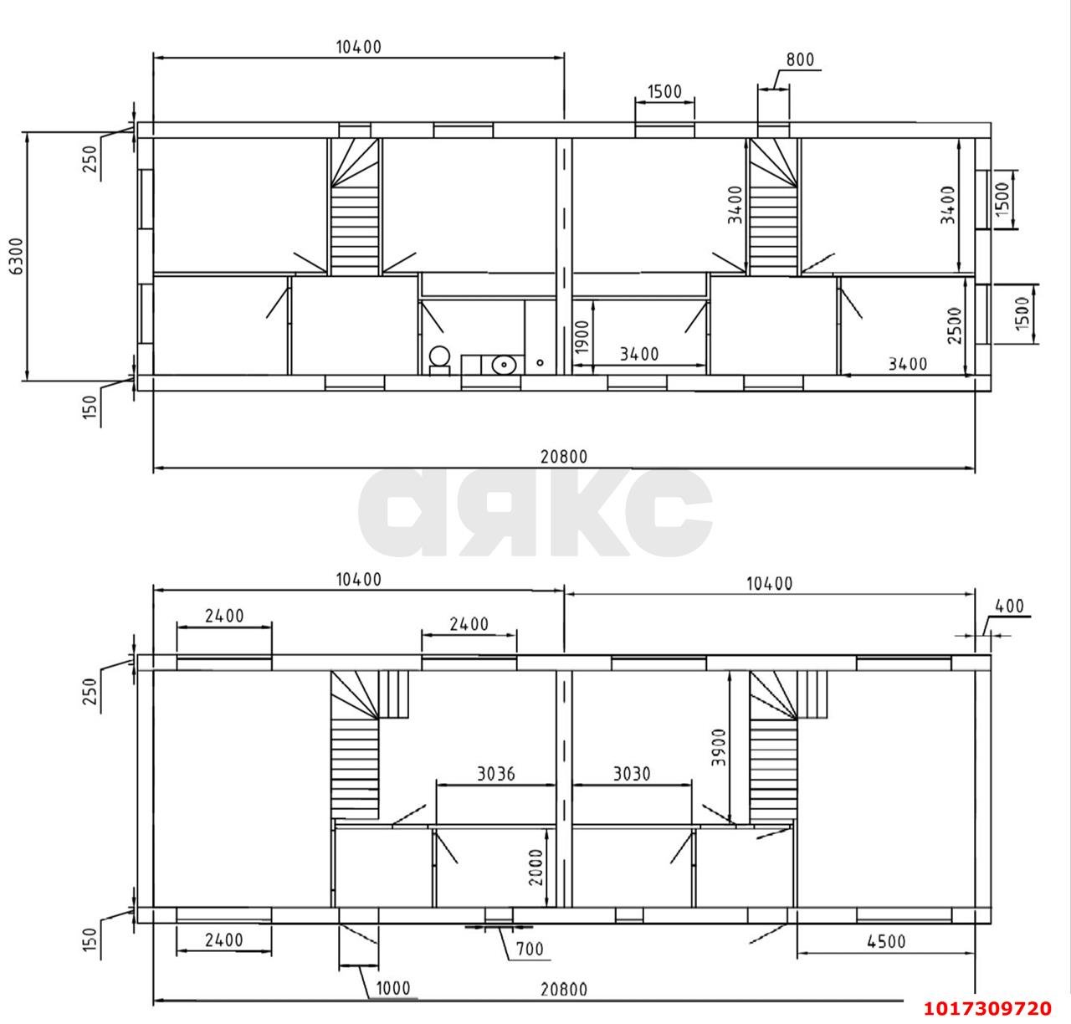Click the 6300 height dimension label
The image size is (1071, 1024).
(x=17, y=256)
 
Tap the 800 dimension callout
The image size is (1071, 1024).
(x=800, y=59)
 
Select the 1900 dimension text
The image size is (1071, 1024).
(x=582, y=337)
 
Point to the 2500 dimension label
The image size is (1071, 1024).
(x=955, y=325)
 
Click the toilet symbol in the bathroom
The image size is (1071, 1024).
(x=439, y=359)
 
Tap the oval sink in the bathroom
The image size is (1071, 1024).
(x=504, y=364)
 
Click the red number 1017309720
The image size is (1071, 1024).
(x=987, y=1008)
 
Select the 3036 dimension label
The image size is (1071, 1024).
(x=496, y=774)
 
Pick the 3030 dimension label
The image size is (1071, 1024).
(x=632, y=774)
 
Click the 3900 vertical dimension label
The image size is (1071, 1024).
(x=720, y=748)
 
